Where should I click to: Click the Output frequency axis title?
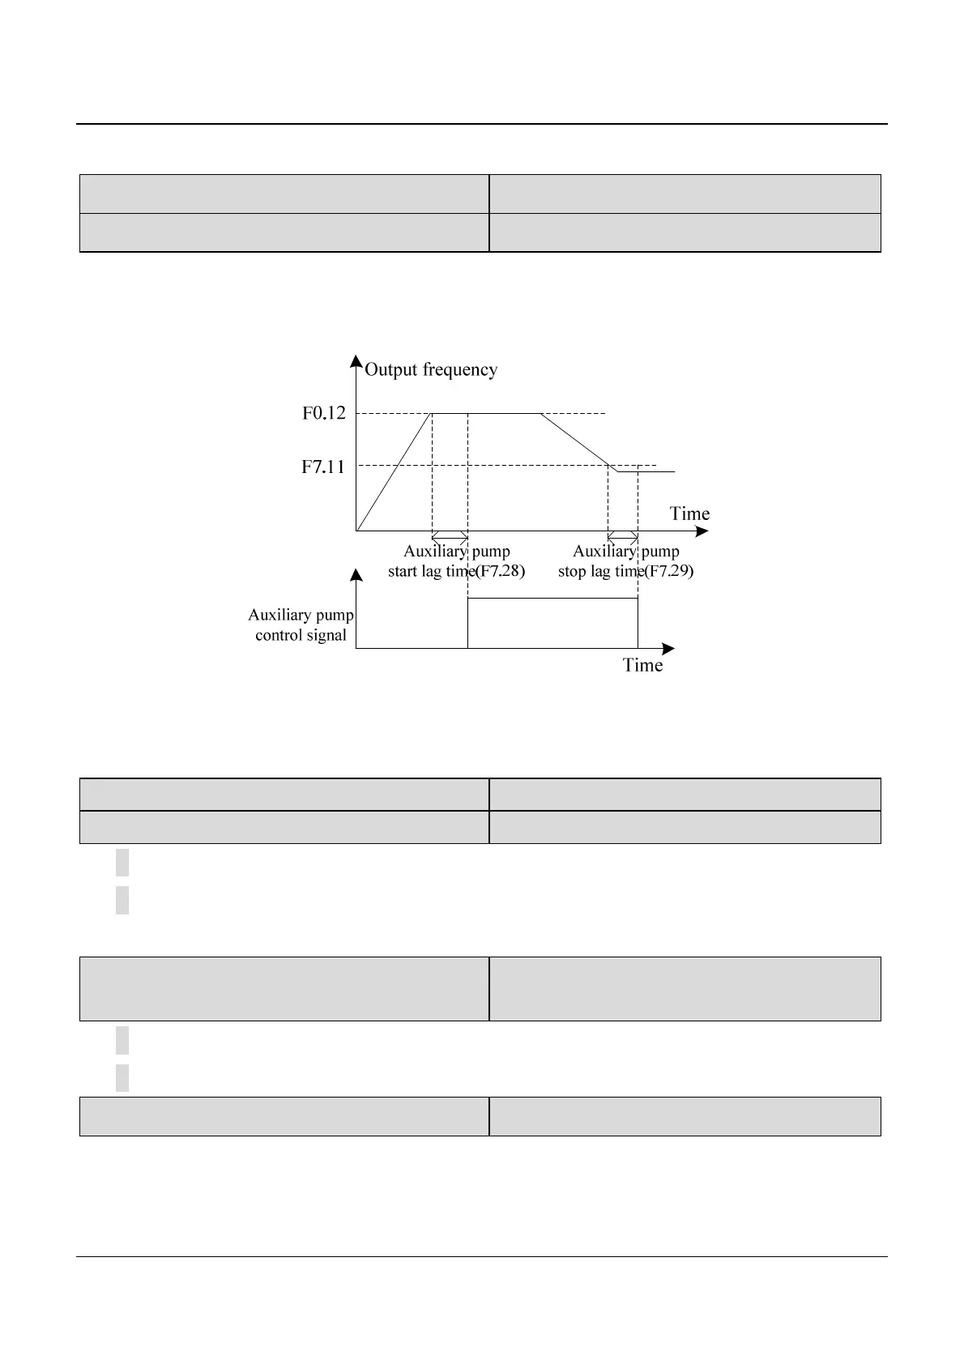[x=430, y=370]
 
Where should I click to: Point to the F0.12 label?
[x=324, y=413]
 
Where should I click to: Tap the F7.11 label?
[x=323, y=467]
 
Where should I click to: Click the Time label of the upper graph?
[x=689, y=514]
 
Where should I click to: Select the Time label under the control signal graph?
[x=642, y=665]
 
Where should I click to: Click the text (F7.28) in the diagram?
[x=500, y=571]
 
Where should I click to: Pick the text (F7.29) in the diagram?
[x=669, y=571]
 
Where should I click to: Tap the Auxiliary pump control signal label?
[x=301, y=625]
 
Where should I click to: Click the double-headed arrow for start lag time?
[x=450, y=536]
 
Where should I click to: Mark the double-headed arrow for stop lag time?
[x=623, y=536]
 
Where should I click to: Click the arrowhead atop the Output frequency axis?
[x=356, y=361]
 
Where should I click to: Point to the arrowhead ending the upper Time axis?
[x=702, y=531]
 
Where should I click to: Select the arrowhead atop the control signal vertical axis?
[x=356, y=575]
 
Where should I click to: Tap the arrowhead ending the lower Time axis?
[x=668, y=649]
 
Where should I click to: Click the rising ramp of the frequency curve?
[x=394, y=472]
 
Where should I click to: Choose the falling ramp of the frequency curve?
[x=575, y=439]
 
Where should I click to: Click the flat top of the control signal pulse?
[x=552, y=599]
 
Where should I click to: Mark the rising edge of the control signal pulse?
[x=467, y=624]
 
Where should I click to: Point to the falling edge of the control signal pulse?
[x=638, y=624]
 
